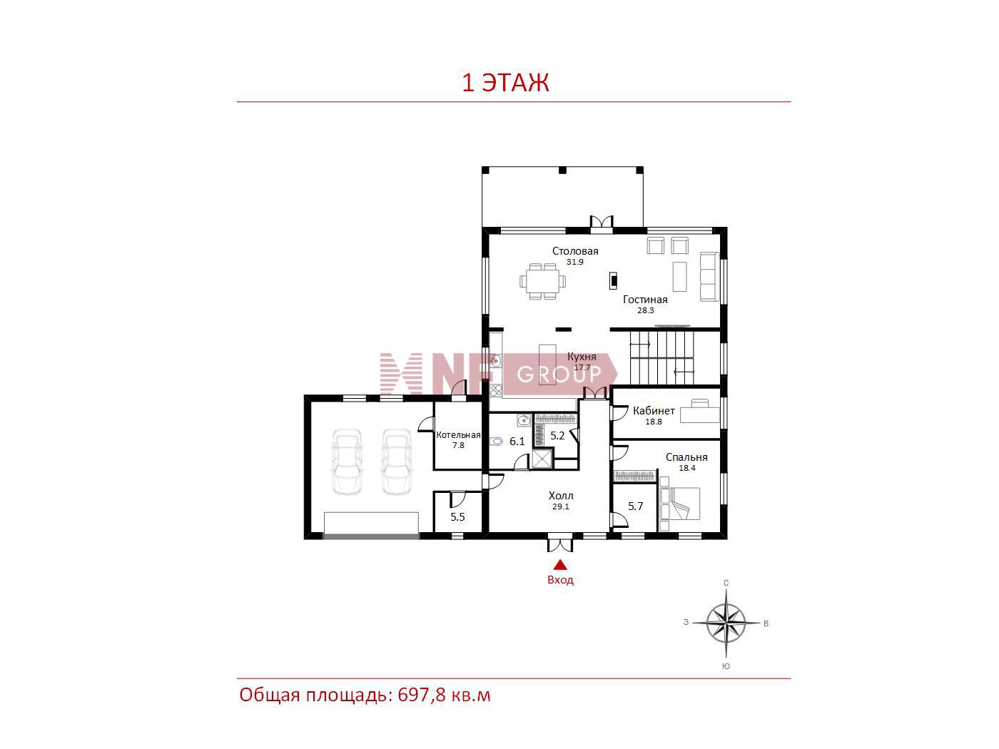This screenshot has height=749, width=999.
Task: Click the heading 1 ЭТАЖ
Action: [505, 83]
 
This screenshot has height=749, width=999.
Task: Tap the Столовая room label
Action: [575, 251]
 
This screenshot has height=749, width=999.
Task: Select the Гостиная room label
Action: [645, 300]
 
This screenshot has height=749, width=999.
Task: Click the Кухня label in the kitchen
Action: [582, 357]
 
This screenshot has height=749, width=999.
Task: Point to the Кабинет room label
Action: [654, 411]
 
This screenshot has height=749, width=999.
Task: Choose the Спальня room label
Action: [686, 457]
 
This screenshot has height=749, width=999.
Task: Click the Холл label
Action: [561, 496]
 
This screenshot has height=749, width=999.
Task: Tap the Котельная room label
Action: [458, 435]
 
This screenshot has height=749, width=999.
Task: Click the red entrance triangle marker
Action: [560, 565]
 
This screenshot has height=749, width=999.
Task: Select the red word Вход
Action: [560, 580]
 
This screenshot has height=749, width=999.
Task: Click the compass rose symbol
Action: [726, 623]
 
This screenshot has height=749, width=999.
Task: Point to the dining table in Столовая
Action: [543, 282]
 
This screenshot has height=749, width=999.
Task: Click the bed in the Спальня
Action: [679, 504]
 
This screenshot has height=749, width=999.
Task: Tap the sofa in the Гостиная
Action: [709, 277]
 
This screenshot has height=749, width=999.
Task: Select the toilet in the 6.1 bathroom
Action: [496, 441]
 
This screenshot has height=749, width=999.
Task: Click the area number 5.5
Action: [457, 517]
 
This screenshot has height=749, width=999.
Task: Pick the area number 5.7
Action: [635, 506]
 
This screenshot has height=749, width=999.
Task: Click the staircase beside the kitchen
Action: [662, 358]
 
